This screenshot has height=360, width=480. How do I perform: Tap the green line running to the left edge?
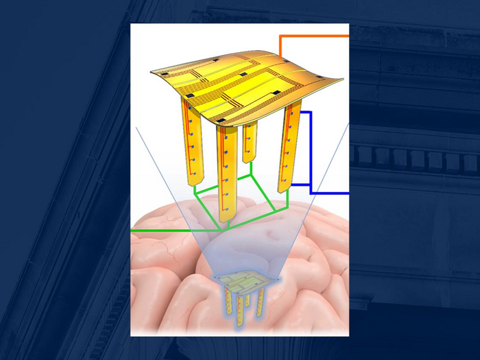coord(171,230)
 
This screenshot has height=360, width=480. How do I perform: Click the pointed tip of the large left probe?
coord(193,187)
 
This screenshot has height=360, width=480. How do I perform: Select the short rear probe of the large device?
coord(249,144)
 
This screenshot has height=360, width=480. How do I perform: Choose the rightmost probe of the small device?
coord(261,302)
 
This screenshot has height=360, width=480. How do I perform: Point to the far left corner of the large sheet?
coord(153,71)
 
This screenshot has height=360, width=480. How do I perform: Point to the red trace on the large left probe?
coord(191,137)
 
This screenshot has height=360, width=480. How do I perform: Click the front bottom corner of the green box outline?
coord(221,229)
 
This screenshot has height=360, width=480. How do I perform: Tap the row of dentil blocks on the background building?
coord(411,159)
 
